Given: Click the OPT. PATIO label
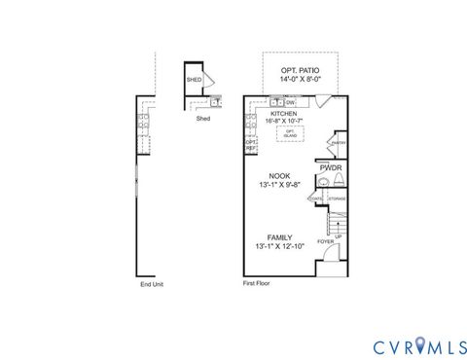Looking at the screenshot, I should pos(300,71).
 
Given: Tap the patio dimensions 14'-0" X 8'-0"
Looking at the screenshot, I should pos(300,81).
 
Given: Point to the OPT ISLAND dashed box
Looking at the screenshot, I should pos(289,133).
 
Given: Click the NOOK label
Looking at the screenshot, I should pos(280,176).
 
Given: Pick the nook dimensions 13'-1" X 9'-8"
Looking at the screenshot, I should pos(280,186).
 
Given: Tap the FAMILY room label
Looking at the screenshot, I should pos(280,237).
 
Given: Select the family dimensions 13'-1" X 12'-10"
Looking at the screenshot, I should pos(280,247).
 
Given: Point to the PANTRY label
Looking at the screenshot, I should pos(338,143).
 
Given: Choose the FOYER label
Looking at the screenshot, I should pos(325,241).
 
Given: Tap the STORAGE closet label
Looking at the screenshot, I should pos(337,198).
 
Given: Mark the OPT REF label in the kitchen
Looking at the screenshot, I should pos(250,145).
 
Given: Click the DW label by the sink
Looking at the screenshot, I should pos(290,101).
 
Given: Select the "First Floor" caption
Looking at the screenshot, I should pos(256,284).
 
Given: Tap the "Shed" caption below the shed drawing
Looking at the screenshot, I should pos(203,119).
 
